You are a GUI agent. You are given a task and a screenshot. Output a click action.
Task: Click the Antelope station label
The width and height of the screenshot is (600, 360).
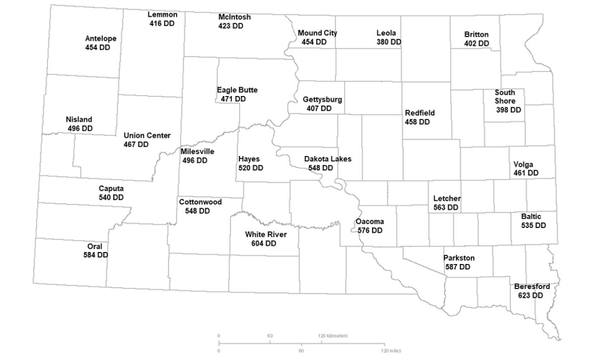[x=100, y=38]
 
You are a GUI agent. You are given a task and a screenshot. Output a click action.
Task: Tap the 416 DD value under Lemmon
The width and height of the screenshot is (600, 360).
[x=163, y=24]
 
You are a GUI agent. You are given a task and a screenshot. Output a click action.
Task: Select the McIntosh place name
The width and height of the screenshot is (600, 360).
[x=234, y=16]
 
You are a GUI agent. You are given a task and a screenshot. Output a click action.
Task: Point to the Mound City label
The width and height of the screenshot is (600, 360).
[x=317, y=33]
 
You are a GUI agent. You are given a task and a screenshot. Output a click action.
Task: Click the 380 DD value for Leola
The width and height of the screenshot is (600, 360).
[x=388, y=42]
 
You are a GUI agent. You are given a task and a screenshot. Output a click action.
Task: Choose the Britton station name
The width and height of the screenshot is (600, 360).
[x=476, y=34]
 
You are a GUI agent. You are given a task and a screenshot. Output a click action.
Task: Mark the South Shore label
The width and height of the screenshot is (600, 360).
[x=505, y=97]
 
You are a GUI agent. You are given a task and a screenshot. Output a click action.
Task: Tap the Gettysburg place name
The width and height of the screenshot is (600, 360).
[x=322, y=99]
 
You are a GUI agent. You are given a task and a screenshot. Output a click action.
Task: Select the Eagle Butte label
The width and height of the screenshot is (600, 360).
[x=237, y=90]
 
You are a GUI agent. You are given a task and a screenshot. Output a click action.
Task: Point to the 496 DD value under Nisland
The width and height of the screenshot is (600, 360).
[x=79, y=129]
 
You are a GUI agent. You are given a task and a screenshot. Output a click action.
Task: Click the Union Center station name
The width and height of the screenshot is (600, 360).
[x=147, y=135]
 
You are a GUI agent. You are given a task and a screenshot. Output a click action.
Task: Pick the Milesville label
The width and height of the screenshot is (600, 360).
[x=197, y=151]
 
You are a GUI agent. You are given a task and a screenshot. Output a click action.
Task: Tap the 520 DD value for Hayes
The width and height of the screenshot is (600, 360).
[x=250, y=168]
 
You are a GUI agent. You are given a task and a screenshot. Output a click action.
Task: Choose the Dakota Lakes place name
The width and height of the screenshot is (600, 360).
[x=328, y=159]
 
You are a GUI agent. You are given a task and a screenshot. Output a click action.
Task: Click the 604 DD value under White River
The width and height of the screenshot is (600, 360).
[x=271, y=243]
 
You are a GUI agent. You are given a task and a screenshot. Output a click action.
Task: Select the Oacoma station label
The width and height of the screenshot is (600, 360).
[x=370, y=221]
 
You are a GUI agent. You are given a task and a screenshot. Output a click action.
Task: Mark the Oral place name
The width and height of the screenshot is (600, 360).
[x=95, y=246]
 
